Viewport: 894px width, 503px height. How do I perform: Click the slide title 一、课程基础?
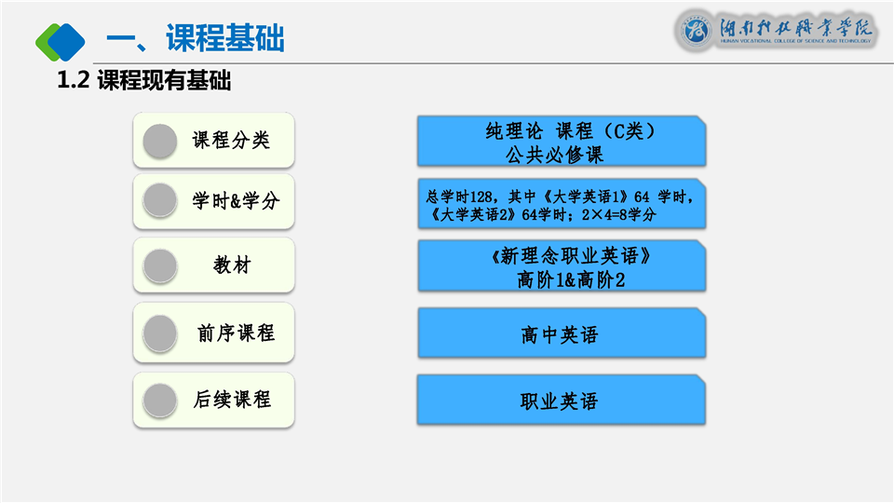coord(195,39)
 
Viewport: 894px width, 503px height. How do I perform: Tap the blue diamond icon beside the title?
coord(66,42)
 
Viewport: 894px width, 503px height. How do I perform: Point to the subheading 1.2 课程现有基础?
coord(144,80)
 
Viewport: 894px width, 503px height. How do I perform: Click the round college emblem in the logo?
coord(696,30)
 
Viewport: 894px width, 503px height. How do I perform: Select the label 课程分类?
coord(231,141)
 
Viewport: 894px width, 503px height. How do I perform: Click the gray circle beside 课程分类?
coord(160,141)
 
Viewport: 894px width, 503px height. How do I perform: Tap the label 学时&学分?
coord(236,201)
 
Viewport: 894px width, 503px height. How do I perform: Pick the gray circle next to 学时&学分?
coord(160,200)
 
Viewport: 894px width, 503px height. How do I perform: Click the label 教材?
coord(232,265)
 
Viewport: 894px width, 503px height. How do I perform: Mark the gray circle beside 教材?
coord(160,265)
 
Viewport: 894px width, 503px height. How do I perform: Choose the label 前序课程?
coord(236,333)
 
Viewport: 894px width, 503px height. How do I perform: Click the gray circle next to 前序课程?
coord(160,333)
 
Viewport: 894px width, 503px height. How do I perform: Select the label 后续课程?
coord(232,400)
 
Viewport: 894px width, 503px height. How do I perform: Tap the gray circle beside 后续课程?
coord(160,401)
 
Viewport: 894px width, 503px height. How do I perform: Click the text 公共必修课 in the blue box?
coord(554,155)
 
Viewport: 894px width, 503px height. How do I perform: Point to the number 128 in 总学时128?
coord(481,197)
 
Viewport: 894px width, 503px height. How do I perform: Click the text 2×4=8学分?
coord(618,215)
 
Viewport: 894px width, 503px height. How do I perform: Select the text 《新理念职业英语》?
coord(571,256)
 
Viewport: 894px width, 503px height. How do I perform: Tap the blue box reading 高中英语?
coord(562,333)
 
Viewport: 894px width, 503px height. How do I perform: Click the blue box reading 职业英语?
coord(562,400)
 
